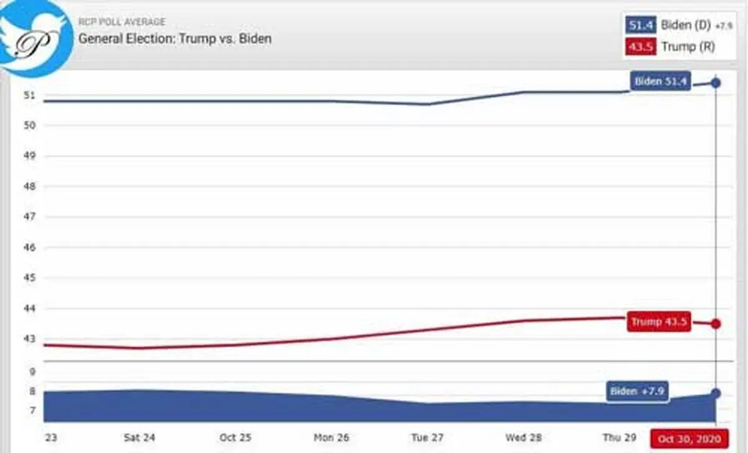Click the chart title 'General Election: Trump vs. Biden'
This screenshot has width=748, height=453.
pos(175,39)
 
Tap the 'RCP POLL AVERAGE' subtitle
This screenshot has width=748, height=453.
pos(122,22)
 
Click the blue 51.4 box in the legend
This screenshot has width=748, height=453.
pos(641,25)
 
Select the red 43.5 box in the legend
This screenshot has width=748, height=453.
pos(641,46)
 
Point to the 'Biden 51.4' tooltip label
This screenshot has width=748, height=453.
pos(660,81)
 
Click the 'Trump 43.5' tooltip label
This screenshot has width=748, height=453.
pos(659,322)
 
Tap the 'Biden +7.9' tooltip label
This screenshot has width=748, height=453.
pos(637,391)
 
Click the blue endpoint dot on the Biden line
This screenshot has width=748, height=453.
pos(716,83)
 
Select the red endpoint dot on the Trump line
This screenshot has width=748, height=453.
pos(716,323)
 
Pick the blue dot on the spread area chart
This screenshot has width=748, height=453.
pos(716,393)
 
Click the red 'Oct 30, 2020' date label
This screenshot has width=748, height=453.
pos(689,439)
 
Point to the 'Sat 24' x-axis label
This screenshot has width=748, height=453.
pos(139,437)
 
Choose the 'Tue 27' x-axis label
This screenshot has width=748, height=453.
pos(427,437)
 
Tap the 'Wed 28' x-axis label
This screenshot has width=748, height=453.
pos(523,437)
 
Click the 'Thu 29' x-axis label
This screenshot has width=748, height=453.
pos(619,437)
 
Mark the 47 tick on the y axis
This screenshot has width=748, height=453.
pos(29,217)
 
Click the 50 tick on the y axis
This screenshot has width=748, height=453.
pos(29,125)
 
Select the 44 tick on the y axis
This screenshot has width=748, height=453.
pos(29,308)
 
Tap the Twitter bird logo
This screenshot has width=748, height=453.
pos(35,37)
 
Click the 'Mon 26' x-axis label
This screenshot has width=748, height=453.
pos(331,437)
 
